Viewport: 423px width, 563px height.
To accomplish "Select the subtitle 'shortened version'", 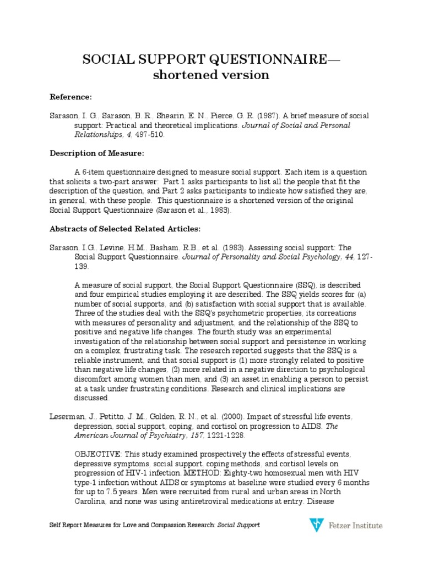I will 211,75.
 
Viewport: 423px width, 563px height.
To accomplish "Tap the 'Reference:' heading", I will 71,97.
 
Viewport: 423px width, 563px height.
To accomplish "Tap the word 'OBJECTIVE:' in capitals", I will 96,454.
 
